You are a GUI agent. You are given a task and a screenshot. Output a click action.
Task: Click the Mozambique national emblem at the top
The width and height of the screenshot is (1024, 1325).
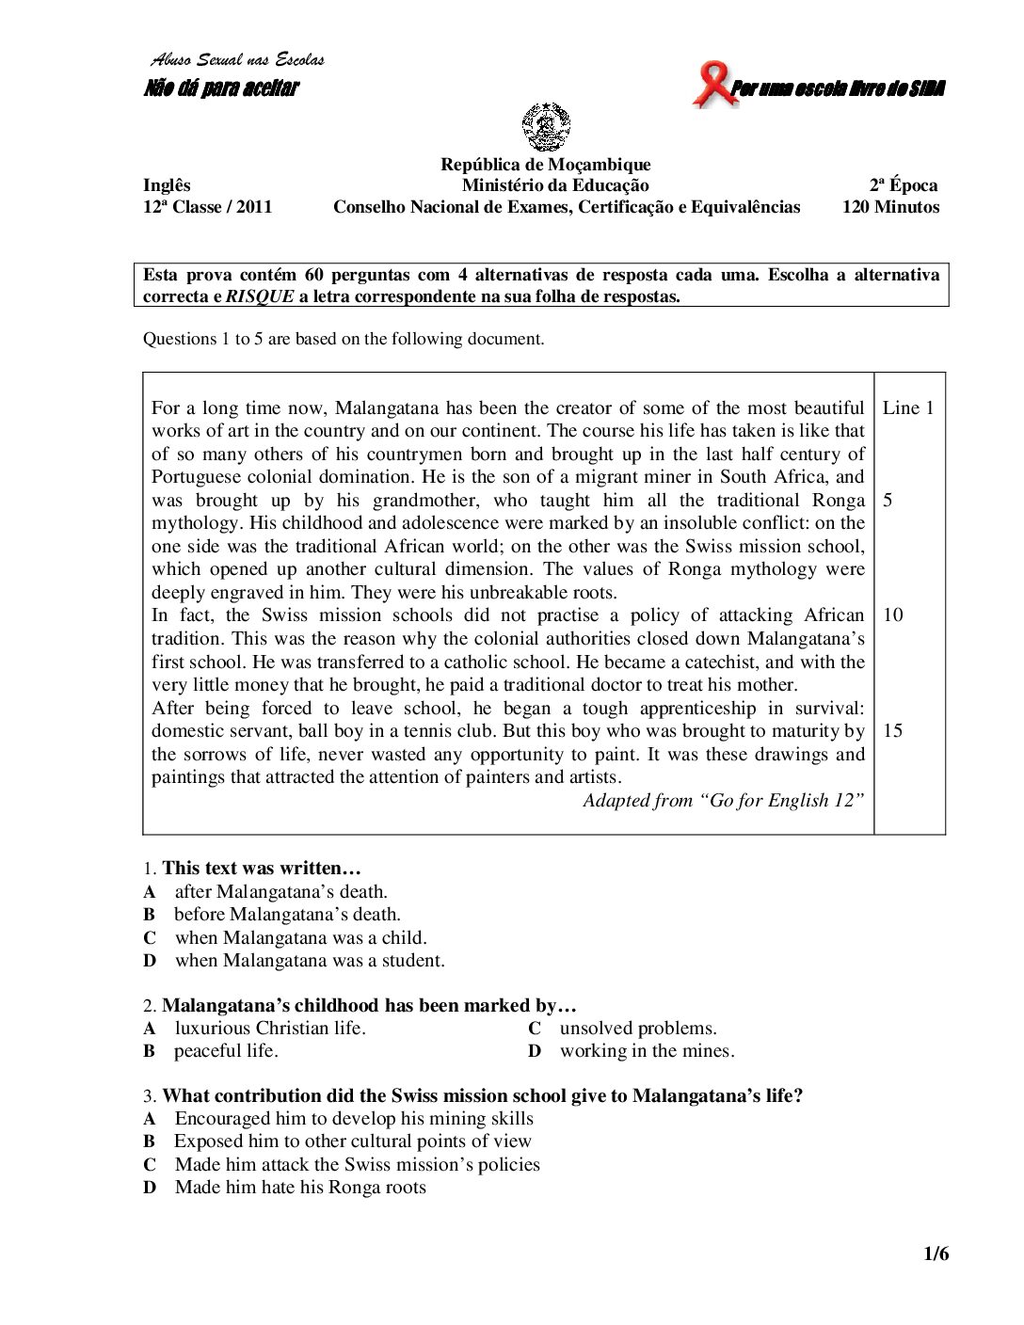click(x=546, y=127)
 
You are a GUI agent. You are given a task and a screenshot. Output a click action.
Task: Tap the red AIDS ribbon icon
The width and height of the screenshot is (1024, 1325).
click(x=713, y=85)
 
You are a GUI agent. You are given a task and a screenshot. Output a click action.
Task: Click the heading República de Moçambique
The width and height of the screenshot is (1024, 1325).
click(x=546, y=165)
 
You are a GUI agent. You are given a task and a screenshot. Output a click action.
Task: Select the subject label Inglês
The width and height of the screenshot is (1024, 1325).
click(x=167, y=185)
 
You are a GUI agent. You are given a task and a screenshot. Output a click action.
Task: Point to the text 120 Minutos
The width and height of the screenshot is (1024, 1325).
click(x=890, y=207)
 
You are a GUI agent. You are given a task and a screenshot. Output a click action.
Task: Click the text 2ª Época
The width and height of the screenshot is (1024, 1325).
click(x=904, y=185)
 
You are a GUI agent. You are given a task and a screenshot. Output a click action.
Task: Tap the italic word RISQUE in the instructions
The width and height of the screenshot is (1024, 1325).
click(x=260, y=296)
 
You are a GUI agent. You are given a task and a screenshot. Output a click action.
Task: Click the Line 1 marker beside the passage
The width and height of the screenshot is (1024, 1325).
click(x=908, y=407)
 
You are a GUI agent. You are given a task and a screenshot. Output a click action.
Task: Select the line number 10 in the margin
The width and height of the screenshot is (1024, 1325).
click(x=893, y=615)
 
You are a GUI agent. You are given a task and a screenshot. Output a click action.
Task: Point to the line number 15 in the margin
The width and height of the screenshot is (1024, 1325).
click(x=893, y=731)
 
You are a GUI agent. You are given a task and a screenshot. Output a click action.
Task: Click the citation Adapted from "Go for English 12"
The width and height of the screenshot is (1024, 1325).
click(x=723, y=801)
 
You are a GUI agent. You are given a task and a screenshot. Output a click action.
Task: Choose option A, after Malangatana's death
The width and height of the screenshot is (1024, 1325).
click(x=280, y=892)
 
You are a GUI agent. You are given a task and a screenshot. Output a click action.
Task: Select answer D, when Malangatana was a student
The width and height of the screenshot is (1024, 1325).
click(x=309, y=961)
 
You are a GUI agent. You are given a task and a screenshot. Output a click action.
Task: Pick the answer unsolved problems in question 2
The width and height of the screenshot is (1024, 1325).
click(x=638, y=1029)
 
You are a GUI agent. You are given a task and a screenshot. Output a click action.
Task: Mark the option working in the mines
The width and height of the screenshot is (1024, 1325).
click(x=647, y=1051)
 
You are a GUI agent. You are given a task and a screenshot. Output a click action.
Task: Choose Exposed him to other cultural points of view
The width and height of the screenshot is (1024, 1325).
click(x=352, y=1141)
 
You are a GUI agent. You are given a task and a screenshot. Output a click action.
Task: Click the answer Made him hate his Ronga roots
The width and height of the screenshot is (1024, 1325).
click(x=300, y=1188)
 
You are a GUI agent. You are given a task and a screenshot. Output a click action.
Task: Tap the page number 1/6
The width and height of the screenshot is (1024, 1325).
click(x=936, y=1253)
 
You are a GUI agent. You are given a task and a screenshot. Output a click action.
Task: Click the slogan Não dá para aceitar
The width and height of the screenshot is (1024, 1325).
click(x=221, y=88)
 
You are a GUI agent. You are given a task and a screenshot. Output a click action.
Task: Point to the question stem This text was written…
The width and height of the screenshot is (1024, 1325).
click(x=262, y=869)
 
